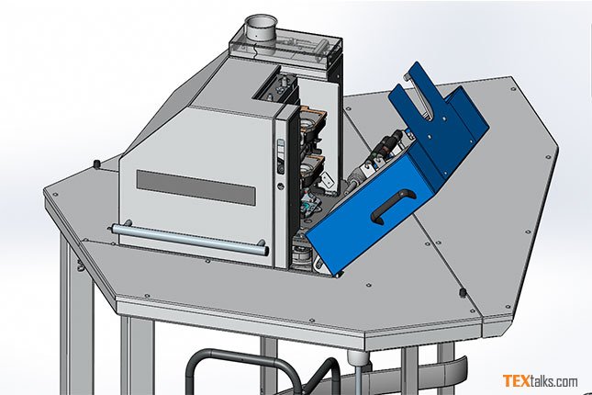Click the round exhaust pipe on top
[260, 28]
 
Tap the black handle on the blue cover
[393, 207]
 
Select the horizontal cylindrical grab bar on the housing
[188, 239]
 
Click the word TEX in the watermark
[516, 380]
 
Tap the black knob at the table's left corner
[96, 164]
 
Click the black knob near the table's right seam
[462, 292]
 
